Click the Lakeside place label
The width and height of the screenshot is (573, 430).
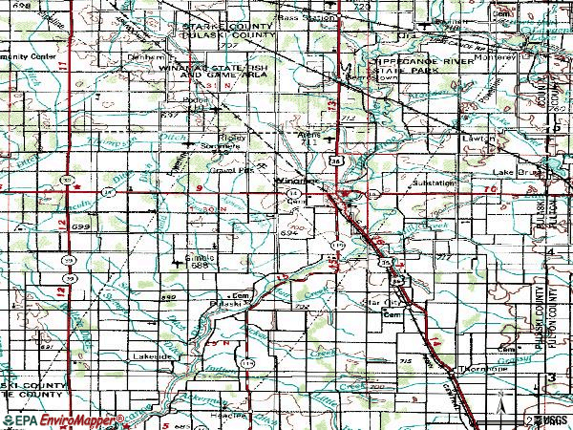point(154,355)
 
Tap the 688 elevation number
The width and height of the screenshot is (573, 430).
point(198,266)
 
